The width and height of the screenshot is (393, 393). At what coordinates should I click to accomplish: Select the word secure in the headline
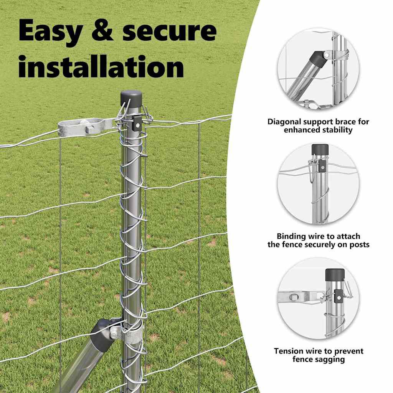[169, 31]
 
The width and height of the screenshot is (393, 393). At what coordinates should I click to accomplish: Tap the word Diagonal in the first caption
[284, 122]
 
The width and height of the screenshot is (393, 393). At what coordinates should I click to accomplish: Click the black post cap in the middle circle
[320, 150]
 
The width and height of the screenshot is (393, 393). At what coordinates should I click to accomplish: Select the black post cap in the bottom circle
[335, 275]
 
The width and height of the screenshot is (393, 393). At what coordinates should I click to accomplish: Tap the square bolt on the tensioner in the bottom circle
[294, 297]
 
